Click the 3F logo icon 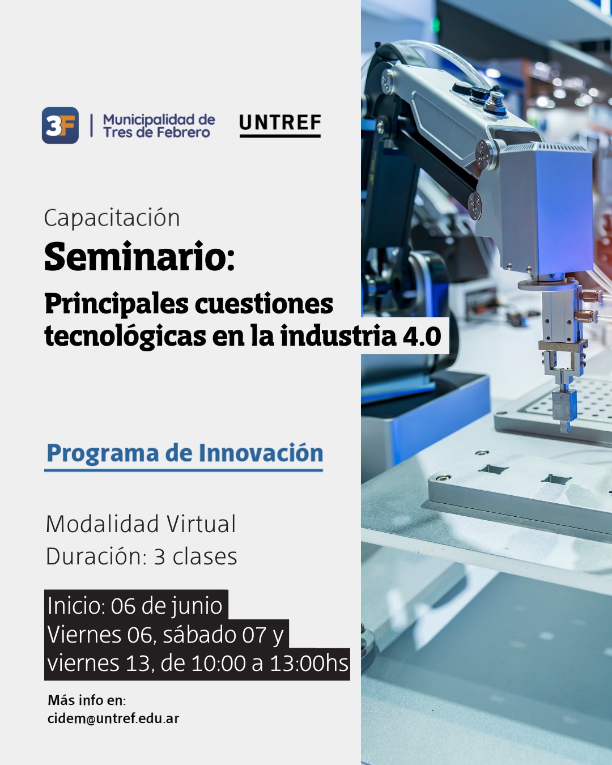point(60,125)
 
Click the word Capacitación point(112,218)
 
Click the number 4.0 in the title point(422,336)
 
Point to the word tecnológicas point(125,337)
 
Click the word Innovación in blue point(261,453)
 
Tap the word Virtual point(201,524)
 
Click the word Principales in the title point(117,305)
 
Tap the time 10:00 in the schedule point(219,663)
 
